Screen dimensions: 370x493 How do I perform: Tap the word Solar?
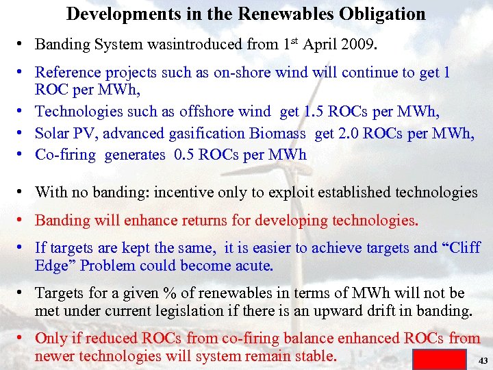pos(53,133)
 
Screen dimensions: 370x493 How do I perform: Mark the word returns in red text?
pos(226,220)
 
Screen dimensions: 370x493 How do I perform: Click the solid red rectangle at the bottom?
pos(440,359)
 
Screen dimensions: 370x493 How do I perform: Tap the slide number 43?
pos(483,360)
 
